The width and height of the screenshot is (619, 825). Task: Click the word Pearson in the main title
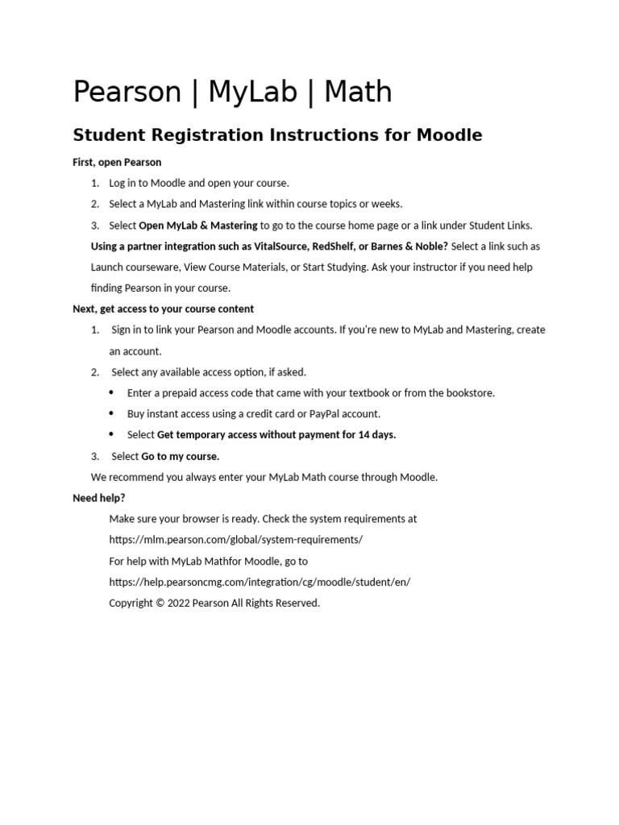(x=127, y=93)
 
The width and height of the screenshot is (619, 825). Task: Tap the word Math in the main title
(x=358, y=93)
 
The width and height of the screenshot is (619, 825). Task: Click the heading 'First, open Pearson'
(x=117, y=163)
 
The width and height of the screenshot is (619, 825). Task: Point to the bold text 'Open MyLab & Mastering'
(x=198, y=226)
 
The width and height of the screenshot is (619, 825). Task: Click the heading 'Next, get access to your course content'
(x=163, y=309)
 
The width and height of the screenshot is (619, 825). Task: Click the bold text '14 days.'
(x=377, y=435)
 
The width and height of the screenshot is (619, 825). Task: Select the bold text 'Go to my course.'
(x=180, y=457)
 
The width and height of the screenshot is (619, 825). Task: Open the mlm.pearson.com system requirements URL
(x=235, y=540)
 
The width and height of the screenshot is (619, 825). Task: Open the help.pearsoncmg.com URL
(x=260, y=582)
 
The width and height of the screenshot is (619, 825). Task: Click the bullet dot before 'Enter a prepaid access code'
(x=111, y=393)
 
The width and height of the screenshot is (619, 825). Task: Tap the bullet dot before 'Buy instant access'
(x=111, y=414)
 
